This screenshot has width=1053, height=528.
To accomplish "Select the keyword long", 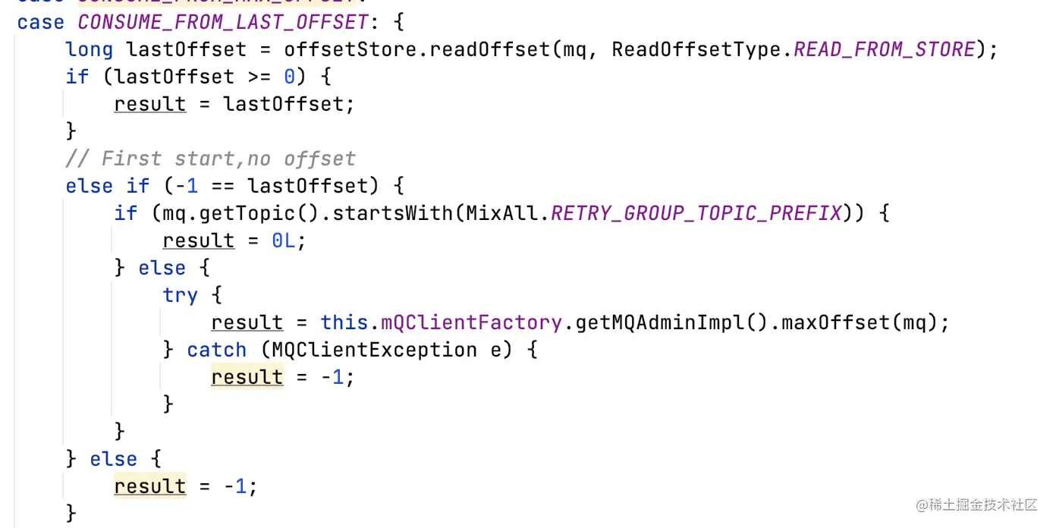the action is tap(90, 49).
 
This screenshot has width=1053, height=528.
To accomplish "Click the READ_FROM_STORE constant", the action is tap(885, 49).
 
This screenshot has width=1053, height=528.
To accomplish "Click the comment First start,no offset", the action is tap(210, 159).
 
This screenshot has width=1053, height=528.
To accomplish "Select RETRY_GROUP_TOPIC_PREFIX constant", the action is tap(696, 213).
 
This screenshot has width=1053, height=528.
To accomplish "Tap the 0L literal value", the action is tap(288, 240).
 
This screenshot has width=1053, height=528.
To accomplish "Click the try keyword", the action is tap(180, 295).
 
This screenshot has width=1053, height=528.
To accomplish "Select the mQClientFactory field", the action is tap(471, 322).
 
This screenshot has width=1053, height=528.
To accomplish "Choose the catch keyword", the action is tap(216, 350).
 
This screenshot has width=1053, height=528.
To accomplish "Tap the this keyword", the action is tap(344, 322).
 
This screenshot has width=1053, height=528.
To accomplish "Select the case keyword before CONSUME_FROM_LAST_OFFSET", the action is tap(40, 22).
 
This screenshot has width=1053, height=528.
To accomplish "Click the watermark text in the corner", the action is tap(976, 504).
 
